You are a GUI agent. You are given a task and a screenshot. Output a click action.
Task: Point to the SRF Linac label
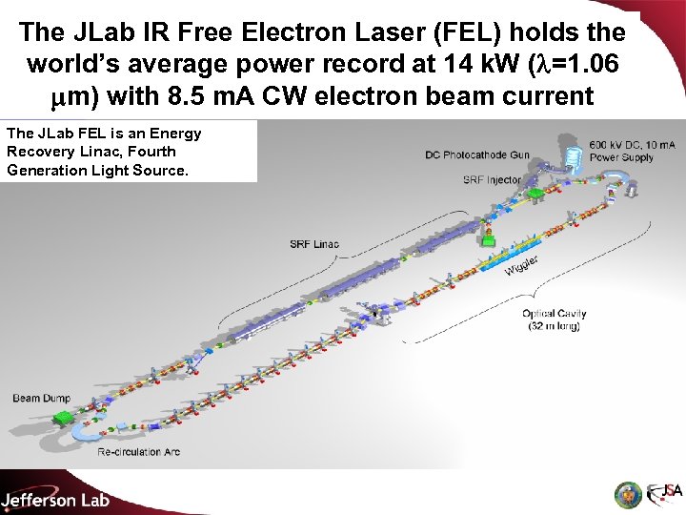(314, 245)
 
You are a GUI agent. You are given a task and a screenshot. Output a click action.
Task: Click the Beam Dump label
(41, 398)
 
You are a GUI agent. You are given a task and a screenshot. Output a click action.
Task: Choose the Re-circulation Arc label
(138, 452)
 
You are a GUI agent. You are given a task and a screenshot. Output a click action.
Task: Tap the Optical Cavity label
(555, 314)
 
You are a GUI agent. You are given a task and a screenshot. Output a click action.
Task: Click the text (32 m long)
(555, 326)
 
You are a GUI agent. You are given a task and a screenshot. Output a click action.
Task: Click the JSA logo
(666, 493)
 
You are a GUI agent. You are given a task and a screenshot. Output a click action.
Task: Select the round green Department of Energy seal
(626, 494)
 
